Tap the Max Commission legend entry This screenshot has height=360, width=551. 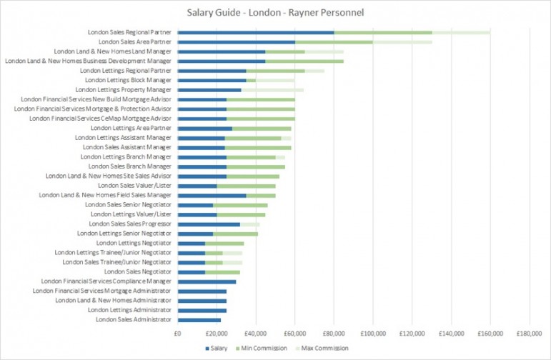[x=325, y=349]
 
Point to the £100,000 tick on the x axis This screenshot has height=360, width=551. [x=373, y=333]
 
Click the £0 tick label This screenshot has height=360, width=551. [x=177, y=333]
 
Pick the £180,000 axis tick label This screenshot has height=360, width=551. [x=530, y=333]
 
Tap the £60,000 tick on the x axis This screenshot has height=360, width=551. [x=294, y=333]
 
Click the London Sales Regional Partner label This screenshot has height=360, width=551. [x=130, y=32]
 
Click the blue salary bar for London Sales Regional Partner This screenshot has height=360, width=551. [x=256, y=32]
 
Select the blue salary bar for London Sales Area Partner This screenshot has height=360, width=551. [x=236, y=42]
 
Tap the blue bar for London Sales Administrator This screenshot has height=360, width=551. [x=199, y=319]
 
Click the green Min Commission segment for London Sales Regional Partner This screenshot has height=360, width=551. [x=383, y=32]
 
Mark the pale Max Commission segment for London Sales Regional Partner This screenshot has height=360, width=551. [x=461, y=32]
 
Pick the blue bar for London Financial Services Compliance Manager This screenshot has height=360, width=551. [x=207, y=281]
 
